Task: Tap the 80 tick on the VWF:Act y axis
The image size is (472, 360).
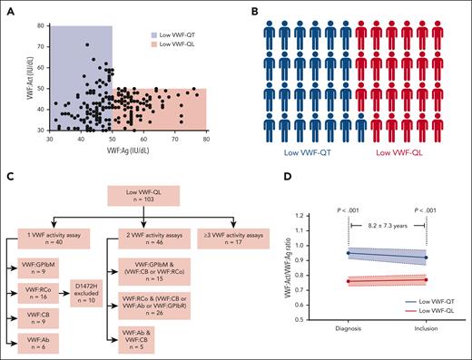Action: pos(40,26)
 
